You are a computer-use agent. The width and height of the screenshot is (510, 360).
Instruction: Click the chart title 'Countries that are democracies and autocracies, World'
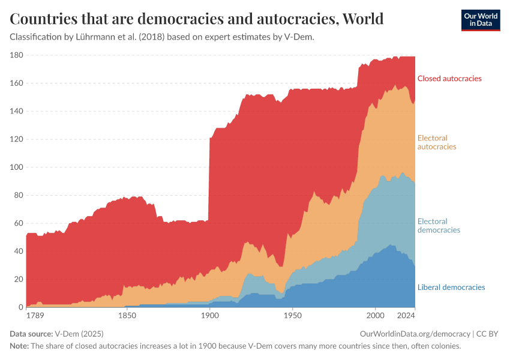pyautogui.click(x=196, y=19)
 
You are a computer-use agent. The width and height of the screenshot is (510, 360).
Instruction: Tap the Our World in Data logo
pyautogui.click(x=480, y=20)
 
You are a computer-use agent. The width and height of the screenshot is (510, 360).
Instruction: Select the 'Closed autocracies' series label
pyautogui.click(x=449, y=79)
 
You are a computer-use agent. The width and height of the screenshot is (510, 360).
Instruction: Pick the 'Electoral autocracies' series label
pyautogui.click(x=436, y=142)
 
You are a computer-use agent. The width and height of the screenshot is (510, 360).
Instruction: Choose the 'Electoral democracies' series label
pyautogui.click(x=439, y=226)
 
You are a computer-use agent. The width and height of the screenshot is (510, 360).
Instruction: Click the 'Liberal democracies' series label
pyautogui.click(x=451, y=287)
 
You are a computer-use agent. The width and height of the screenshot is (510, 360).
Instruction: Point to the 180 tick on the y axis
pyautogui.click(x=16, y=55)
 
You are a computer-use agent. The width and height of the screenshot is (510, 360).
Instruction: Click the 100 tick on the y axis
pyautogui.click(x=16, y=167)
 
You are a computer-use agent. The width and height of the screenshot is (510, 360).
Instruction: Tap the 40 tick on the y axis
pyautogui.click(x=18, y=251)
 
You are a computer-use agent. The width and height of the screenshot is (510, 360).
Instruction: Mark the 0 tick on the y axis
pyautogui.click(x=20, y=307)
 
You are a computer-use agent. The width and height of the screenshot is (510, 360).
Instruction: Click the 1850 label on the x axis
pyautogui.click(x=126, y=315)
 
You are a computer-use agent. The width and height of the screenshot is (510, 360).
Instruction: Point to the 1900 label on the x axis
pyautogui.click(x=209, y=315)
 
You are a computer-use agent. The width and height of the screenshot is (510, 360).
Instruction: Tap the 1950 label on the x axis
pyautogui.click(x=292, y=315)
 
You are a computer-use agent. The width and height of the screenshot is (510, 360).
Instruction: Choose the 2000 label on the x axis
pyautogui.click(x=375, y=315)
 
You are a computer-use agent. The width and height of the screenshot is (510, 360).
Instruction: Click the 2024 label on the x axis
pyautogui.click(x=406, y=315)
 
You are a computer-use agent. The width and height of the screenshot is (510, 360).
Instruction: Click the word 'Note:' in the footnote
pyautogui.click(x=20, y=346)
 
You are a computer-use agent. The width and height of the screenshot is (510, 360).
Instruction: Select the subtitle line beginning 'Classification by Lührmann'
pyautogui.click(x=162, y=37)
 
